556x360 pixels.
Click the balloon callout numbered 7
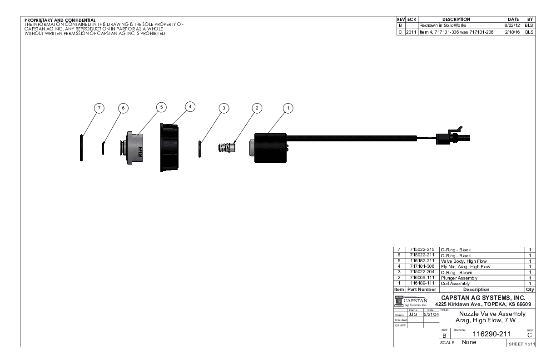99,108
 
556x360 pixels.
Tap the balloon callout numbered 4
191,106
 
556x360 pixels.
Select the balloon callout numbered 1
287,108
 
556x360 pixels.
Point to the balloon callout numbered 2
257,108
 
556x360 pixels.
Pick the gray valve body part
135,148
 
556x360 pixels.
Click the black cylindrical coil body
269,148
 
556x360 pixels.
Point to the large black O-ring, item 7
81,147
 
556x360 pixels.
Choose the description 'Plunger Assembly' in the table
456,278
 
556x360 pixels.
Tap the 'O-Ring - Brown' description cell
456,273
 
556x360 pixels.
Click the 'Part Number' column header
422,290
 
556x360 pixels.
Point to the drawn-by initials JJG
413,314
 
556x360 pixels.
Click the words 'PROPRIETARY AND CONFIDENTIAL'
60,20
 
